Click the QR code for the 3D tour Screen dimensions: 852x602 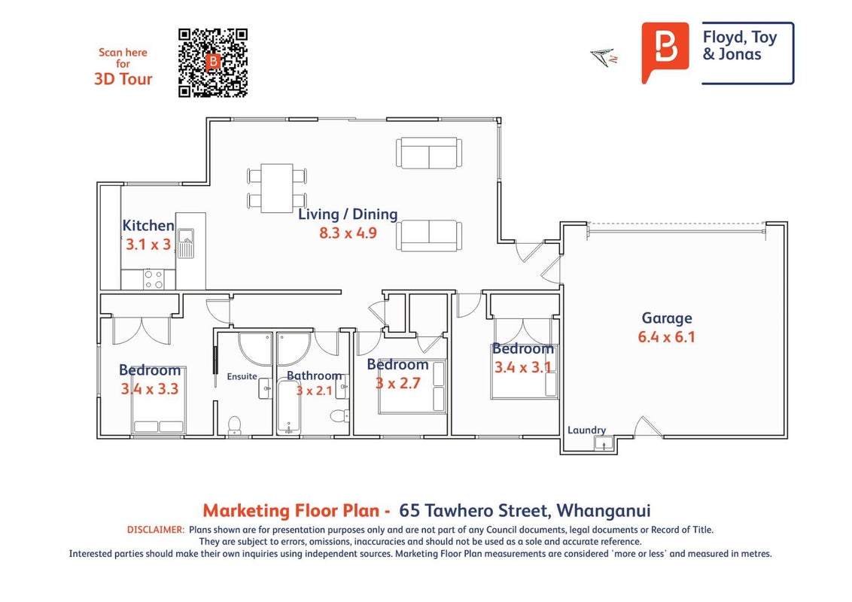click(x=213, y=63)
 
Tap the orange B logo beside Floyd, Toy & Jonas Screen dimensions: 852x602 click(x=665, y=53)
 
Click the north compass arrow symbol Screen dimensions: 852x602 click(x=604, y=57)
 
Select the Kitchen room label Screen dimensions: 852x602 click(x=148, y=226)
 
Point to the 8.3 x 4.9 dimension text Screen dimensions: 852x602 click(x=348, y=233)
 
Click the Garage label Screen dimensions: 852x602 click(x=667, y=318)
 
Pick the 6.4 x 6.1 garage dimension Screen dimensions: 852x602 click(x=667, y=337)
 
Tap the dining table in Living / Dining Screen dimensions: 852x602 click(x=277, y=188)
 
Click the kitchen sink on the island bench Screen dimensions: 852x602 click(x=186, y=243)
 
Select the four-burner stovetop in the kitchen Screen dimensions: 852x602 click(x=154, y=279)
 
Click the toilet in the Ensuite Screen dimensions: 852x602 click(x=234, y=425)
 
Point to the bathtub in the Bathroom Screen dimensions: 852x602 click(x=288, y=406)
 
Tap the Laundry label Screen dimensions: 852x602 click(x=586, y=430)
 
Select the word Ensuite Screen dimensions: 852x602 click(x=242, y=376)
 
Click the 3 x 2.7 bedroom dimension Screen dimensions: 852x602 click(x=397, y=384)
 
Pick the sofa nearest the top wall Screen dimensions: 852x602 click(x=429, y=154)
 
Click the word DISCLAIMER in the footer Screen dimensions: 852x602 click(x=156, y=530)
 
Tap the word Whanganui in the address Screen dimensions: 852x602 click(x=603, y=511)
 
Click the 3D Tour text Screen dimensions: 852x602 click(x=123, y=79)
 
